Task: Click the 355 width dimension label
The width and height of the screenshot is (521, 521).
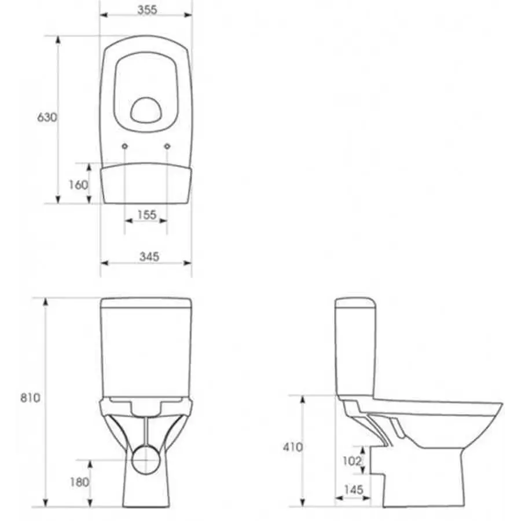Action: [x=147, y=10]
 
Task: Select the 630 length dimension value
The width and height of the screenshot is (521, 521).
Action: [x=47, y=118]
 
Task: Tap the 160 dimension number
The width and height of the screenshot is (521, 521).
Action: [x=78, y=185]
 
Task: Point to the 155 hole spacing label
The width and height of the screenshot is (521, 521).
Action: [x=146, y=215]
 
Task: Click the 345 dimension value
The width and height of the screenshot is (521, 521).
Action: [x=149, y=256]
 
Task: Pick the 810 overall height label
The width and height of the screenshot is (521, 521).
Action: [x=31, y=398]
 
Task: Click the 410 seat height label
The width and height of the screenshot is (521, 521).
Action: [x=293, y=447]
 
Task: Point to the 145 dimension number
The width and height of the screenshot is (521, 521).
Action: [x=353, y=490]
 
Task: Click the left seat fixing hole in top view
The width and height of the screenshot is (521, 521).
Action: [x=125, y=146]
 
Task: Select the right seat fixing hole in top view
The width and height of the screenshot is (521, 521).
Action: [x=167, y=146]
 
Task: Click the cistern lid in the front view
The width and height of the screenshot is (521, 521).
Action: [x=146, y=302]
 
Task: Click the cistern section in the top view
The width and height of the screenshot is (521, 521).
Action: [x=146, y=184]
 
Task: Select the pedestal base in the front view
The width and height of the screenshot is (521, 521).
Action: [x=146, y=492]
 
